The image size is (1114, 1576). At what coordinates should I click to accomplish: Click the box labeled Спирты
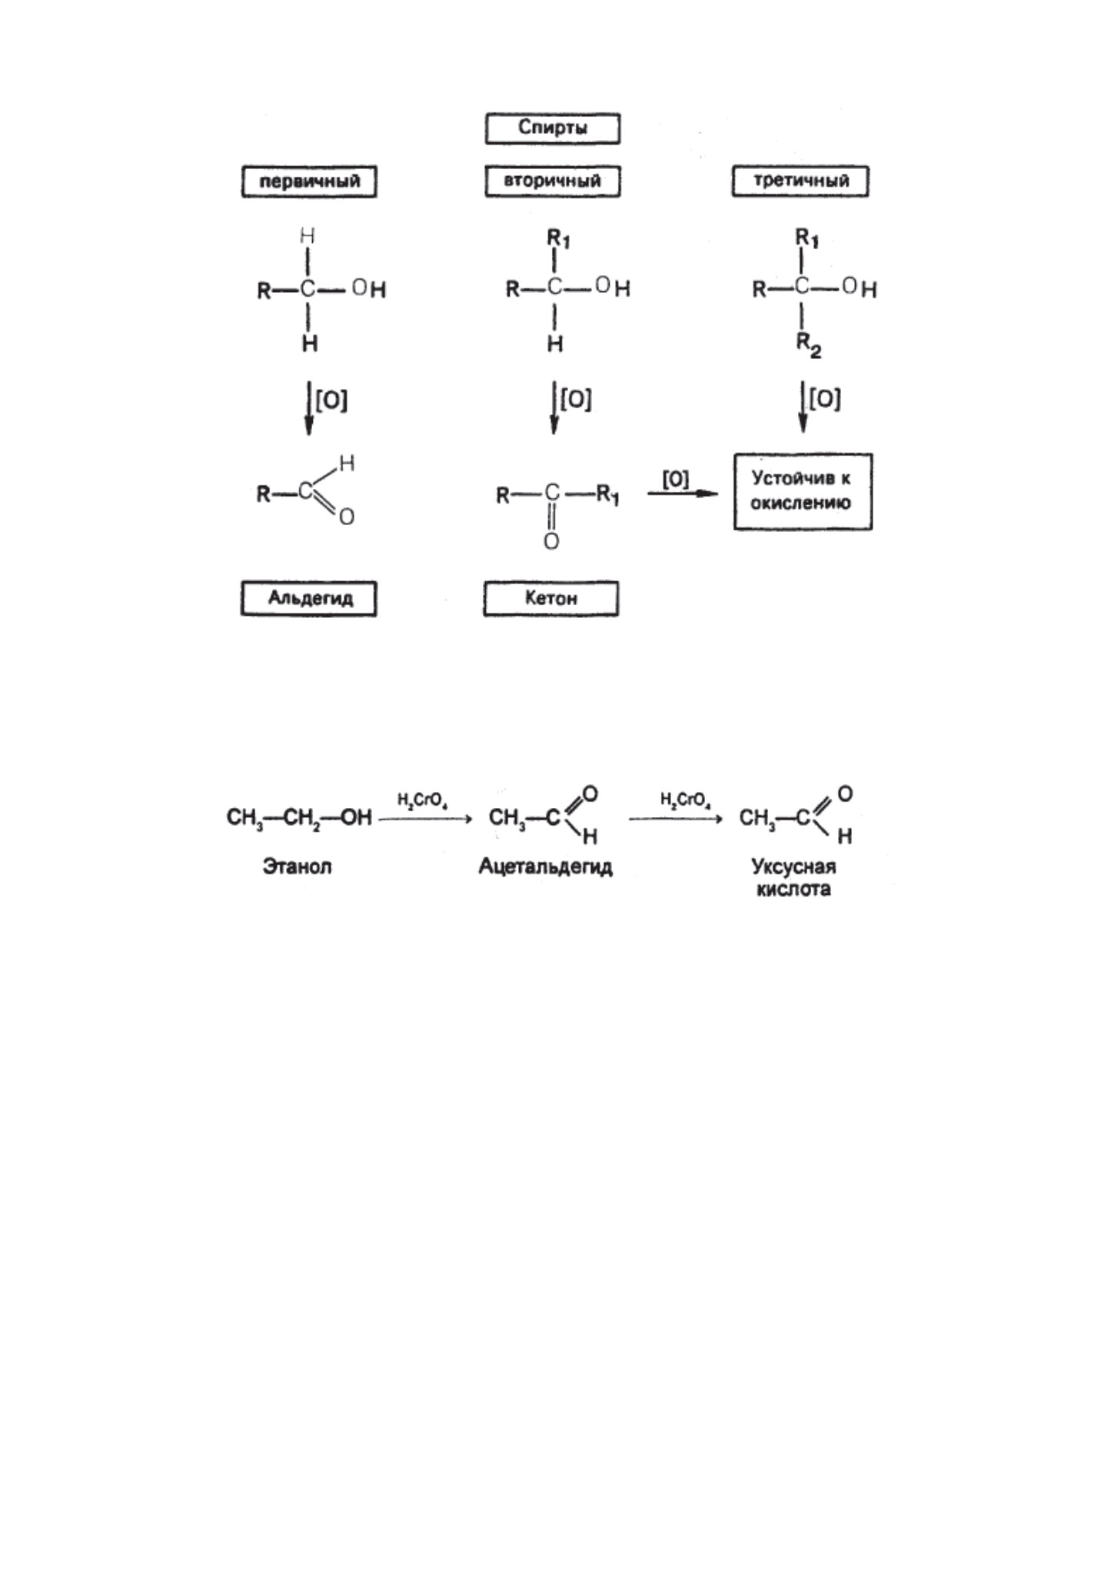[553, 128]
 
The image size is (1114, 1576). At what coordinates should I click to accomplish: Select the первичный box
[309, 182]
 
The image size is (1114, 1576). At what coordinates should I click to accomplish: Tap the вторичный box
[553, 182]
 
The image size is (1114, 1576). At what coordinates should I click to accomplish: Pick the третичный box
[800, 182]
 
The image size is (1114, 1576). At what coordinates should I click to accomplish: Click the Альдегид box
[309, 599]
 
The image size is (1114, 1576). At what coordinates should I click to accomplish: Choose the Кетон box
[551, 599]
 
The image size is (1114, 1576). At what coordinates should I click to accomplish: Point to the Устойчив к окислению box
[803, 491]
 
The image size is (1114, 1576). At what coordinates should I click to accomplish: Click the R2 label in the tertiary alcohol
[808, 346]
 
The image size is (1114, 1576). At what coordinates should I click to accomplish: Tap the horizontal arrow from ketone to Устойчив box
[683, 494]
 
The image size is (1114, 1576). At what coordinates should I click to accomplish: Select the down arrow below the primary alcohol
[308, 407]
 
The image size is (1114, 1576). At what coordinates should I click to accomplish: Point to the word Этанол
[298, 866]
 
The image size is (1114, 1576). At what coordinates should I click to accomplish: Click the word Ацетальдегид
[546, 867]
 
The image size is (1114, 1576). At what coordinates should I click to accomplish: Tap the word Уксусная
[793, 867]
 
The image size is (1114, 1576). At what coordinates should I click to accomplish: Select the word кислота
[793, 889]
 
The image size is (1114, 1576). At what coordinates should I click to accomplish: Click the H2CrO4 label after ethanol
[423, 800]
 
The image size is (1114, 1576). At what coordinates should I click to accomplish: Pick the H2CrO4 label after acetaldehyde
[685, 800]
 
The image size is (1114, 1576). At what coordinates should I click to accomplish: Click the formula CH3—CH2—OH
[299, 817]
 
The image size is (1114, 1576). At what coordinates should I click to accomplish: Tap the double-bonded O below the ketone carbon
[551, 542]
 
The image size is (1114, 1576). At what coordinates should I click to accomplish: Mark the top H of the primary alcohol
[308, 236]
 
